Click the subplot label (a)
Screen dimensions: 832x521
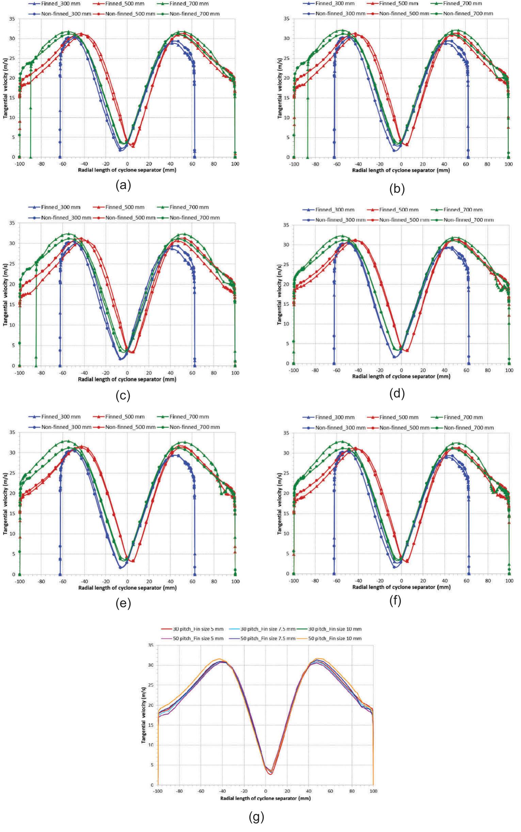[123, 186]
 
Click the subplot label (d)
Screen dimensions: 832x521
[397, 394]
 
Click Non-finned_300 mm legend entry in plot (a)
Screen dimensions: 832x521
[61, 14]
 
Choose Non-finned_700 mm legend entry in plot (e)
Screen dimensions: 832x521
[194, 427]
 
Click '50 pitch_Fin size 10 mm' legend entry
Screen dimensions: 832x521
[334, 638]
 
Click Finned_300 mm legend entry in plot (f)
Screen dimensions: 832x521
[334, 417]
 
